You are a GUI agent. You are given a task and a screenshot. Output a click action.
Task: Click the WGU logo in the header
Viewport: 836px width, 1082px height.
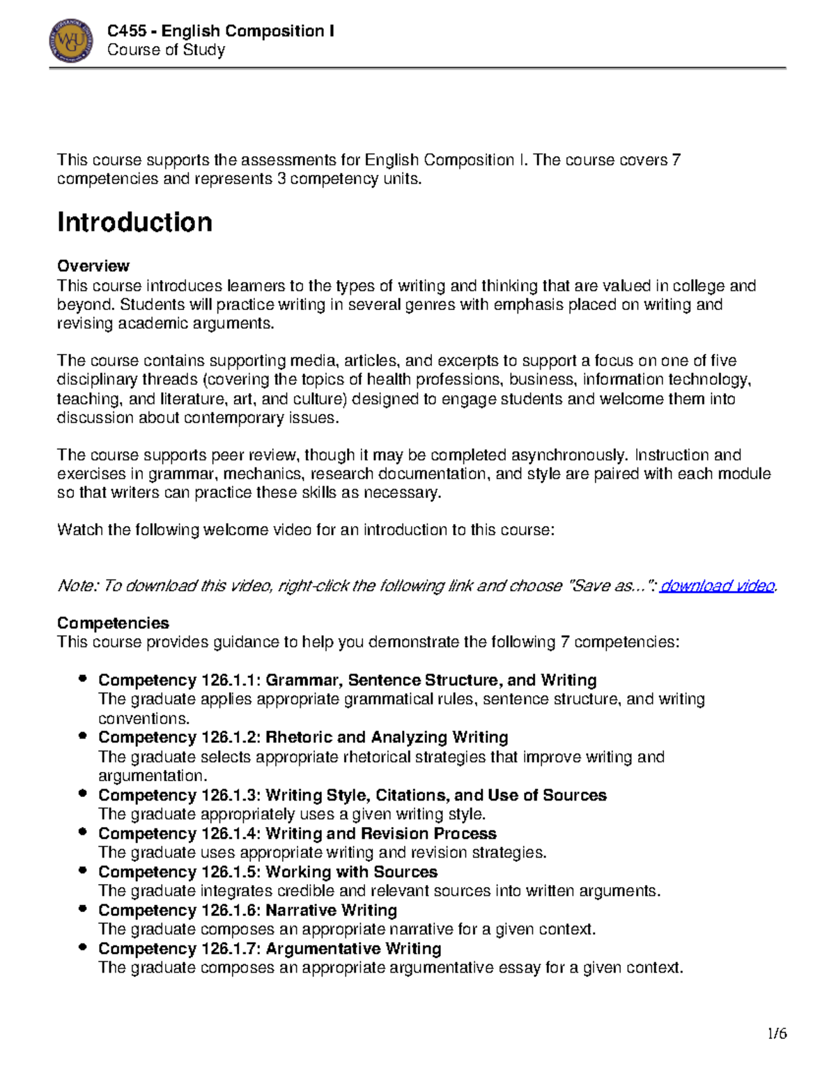71,40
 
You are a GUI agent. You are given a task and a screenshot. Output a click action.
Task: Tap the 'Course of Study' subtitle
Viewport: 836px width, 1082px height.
166,50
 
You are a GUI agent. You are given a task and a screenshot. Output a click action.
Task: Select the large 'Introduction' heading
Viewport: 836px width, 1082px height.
134,222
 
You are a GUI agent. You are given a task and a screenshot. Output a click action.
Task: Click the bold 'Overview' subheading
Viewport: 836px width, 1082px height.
93,266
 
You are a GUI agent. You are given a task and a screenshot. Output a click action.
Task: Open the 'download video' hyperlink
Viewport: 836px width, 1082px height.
717,586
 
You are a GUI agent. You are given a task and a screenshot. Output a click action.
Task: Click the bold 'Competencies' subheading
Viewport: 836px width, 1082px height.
113,623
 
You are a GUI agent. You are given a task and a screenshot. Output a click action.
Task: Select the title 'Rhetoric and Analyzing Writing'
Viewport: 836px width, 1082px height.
387,737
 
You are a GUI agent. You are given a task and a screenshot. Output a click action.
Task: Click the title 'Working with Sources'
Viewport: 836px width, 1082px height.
351,872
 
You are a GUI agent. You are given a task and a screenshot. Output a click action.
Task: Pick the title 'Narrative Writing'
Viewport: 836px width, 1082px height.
331,911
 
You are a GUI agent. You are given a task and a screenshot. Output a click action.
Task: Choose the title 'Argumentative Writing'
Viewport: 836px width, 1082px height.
353,949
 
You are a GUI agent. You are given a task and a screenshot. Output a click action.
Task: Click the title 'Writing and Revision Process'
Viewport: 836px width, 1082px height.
380,834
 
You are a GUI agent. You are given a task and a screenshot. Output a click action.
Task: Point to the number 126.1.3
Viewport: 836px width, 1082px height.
228,796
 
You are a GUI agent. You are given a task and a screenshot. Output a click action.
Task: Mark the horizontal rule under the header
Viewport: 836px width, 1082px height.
417,68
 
